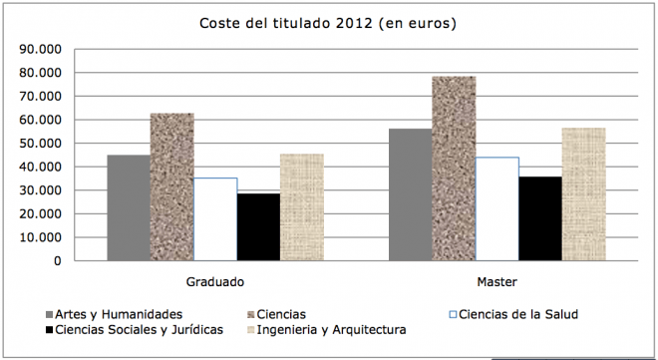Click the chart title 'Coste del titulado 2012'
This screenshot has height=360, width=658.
click(327, 23)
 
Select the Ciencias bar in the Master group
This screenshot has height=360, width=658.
click(454, 169)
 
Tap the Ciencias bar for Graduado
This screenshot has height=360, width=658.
click(171, 186)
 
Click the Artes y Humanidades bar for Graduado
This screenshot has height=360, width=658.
click(129, 207)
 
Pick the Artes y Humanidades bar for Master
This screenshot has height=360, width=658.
click(411, 194)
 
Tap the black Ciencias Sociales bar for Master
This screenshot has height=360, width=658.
click(539, 218)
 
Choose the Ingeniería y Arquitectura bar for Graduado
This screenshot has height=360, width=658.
click(301, 207)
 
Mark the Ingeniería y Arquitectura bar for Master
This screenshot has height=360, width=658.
click(583, 194)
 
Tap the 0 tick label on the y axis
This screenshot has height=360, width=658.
click(58, 261)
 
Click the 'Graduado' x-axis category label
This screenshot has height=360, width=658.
click(215, 281)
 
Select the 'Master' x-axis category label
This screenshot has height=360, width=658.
click(496, 281)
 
